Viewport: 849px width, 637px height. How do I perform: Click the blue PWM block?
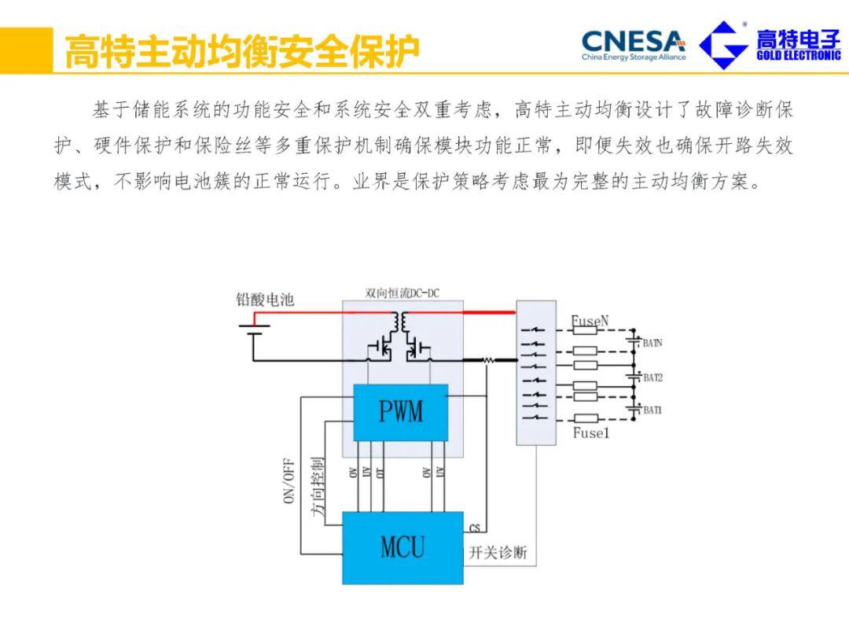pos(400,412)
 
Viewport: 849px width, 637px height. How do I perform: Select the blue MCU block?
pos(402,547)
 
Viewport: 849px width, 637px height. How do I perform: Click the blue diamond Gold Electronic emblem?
pos(723,45)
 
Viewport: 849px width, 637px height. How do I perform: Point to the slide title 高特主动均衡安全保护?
pos(241,51)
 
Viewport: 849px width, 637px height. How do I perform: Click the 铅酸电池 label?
pos(265,300)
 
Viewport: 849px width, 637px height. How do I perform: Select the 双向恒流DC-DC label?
pos(402,293)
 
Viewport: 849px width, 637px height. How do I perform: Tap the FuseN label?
pos(590,321)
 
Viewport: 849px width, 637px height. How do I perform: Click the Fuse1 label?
pos(590,433)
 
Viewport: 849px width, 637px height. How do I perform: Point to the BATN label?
pos(652,343)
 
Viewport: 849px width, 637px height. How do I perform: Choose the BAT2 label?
pos(652,377)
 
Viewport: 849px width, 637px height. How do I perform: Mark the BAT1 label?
pos(652,411)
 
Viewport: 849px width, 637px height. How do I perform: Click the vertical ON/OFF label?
pos(289,480)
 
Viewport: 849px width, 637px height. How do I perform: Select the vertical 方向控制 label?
pos(317,485)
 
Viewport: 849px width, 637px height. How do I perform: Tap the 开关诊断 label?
pos(498,553)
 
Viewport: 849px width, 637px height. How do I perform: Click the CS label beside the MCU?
pos(474,528)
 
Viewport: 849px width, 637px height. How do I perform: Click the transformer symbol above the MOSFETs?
pos(401,322)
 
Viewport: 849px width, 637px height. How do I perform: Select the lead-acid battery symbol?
pos(253,331)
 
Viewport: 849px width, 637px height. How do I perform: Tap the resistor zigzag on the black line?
pos(487,360)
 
